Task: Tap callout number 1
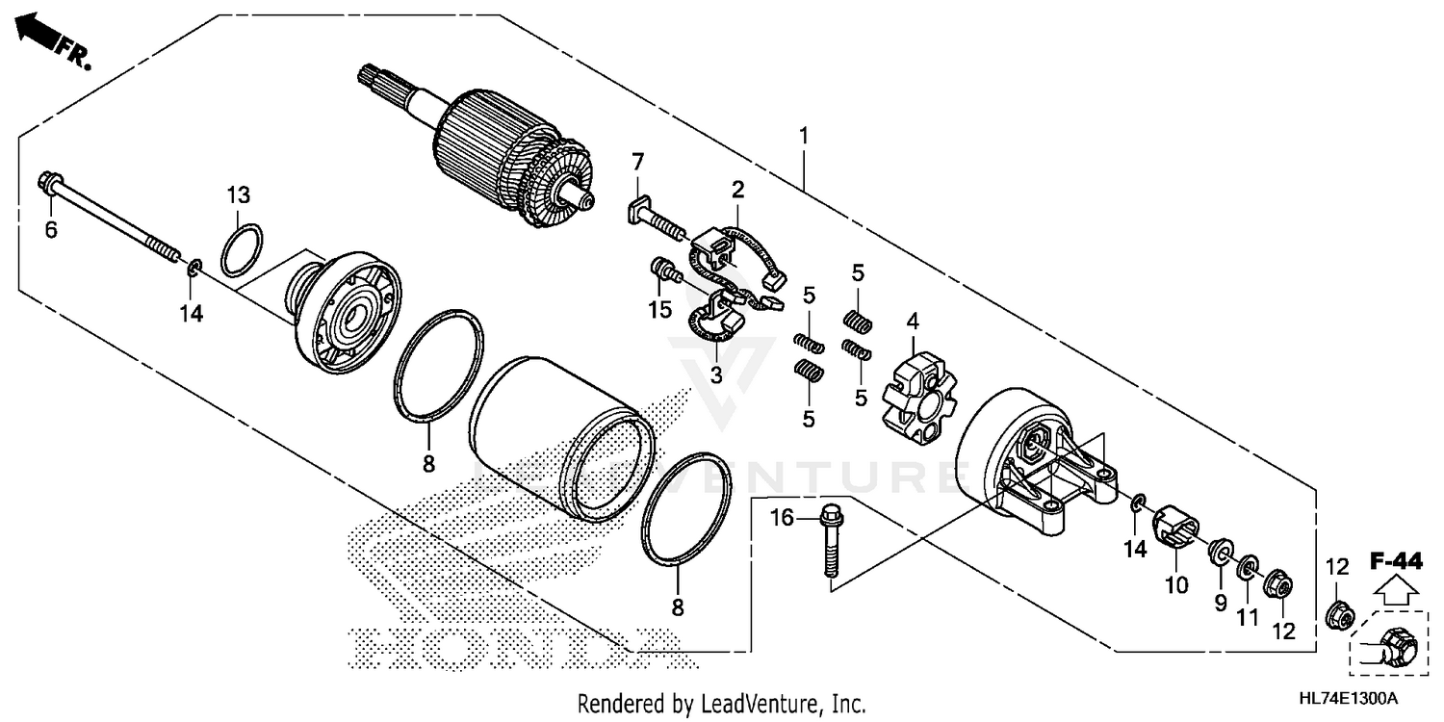pos(803,136)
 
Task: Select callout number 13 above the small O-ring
pos(238,195)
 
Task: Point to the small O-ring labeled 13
pos(241,249)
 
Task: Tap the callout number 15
pos(658,310)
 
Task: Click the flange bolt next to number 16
pos(830,544)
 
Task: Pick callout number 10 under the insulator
pos(1176,584)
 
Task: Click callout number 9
pos(1220,603)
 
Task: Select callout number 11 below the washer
pos(1248,616)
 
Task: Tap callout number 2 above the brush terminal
pos(737,189)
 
